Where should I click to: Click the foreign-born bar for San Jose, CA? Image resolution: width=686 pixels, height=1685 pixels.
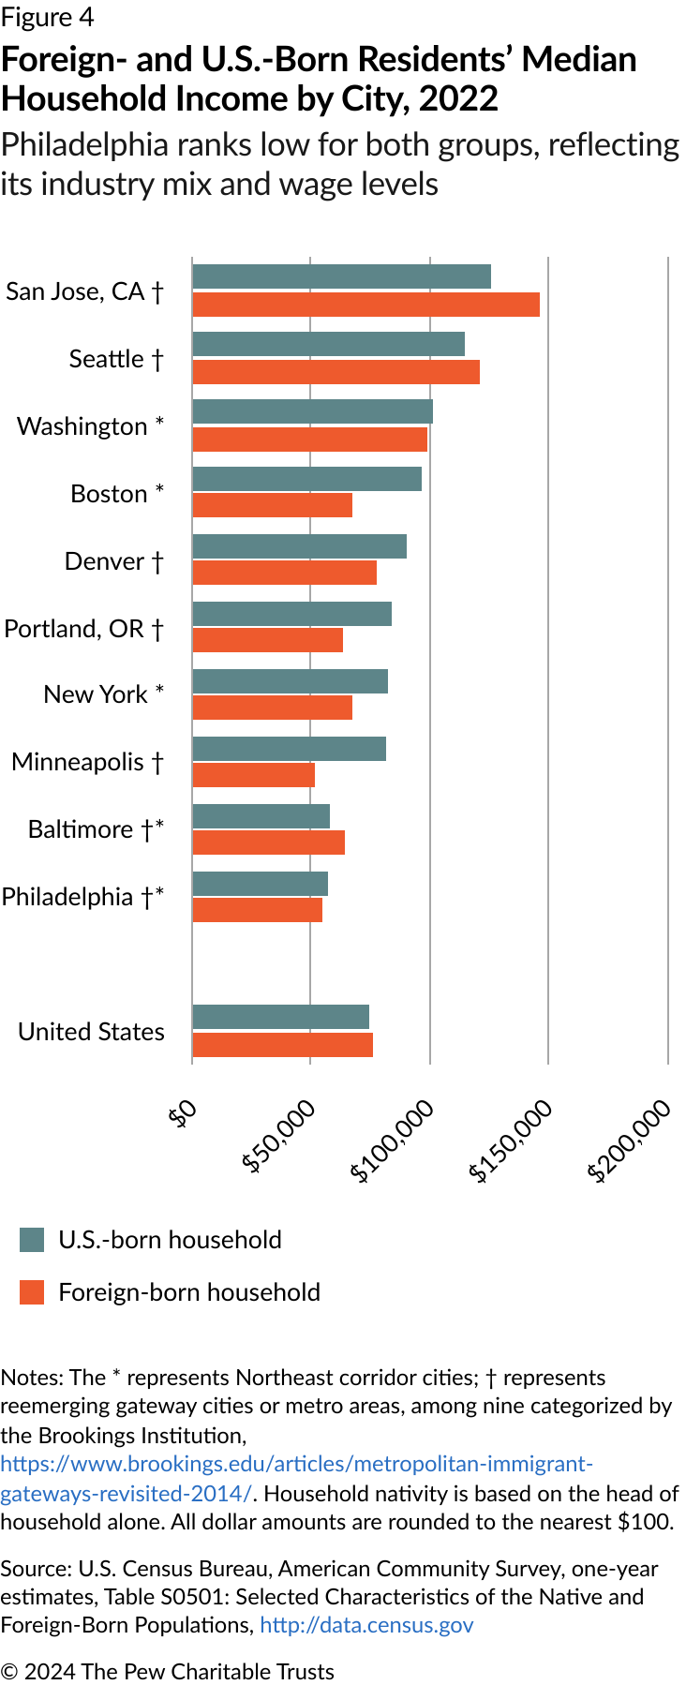pos(365,305)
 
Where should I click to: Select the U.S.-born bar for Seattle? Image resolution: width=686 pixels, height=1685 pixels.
pos(328,344)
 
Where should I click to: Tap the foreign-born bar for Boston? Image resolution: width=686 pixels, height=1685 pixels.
pos(272,505)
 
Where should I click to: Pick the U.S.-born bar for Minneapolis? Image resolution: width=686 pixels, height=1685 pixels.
pos(289,749)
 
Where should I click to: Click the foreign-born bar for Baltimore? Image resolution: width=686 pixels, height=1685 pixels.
pos(268,842)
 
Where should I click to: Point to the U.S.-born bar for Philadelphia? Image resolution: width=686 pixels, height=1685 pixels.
pos(260,884)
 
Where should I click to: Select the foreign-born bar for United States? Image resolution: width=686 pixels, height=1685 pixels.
pos(282,1045)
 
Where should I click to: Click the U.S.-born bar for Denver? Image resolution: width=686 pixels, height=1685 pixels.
pos(299,546)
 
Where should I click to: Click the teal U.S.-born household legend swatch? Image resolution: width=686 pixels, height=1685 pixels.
pos(32,1240)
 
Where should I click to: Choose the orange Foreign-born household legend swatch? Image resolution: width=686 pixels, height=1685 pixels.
pos(32,1292)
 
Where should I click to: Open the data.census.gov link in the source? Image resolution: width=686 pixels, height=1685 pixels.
pos(366,1625)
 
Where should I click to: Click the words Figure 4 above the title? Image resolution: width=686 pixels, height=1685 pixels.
pos(48,18)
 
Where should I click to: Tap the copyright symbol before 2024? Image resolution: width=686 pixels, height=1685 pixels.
pos(9,1672)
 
